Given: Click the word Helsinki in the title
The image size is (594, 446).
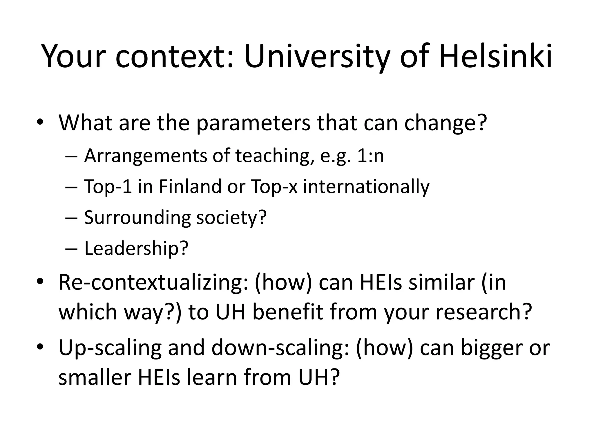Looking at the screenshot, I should [495, 56].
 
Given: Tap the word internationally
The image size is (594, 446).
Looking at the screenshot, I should [366, 187].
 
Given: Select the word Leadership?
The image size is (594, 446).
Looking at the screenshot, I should [136, 249].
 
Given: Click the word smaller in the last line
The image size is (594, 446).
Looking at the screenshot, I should [95, 377].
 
